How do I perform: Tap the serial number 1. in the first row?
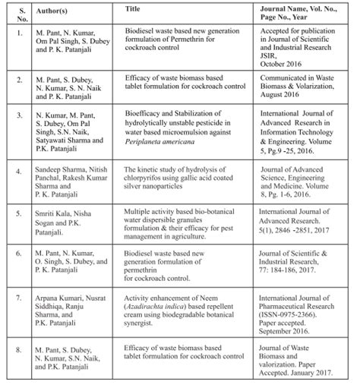point(16,33)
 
